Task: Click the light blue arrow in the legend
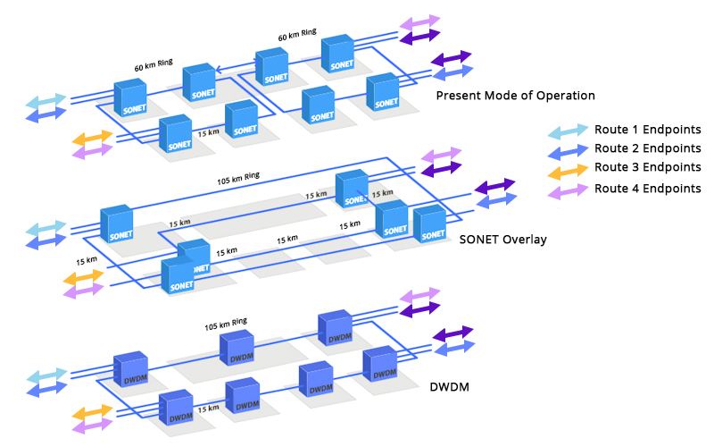(x=568, y=130)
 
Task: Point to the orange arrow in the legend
(x=568, y=169)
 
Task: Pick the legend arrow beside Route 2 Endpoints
(x=568, y=149)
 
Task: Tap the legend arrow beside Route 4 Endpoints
(x=568, y=189)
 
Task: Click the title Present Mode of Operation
(x=515, y=96)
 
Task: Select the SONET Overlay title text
(x=502, y=240)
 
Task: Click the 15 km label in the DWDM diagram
(x=208, y=409)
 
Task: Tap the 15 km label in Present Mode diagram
(x=208, y=132)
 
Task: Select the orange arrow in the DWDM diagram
(x=92, y=414)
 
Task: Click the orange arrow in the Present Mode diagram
(x=92, y=138)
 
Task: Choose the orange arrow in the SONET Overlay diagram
(x=83, y=277)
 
